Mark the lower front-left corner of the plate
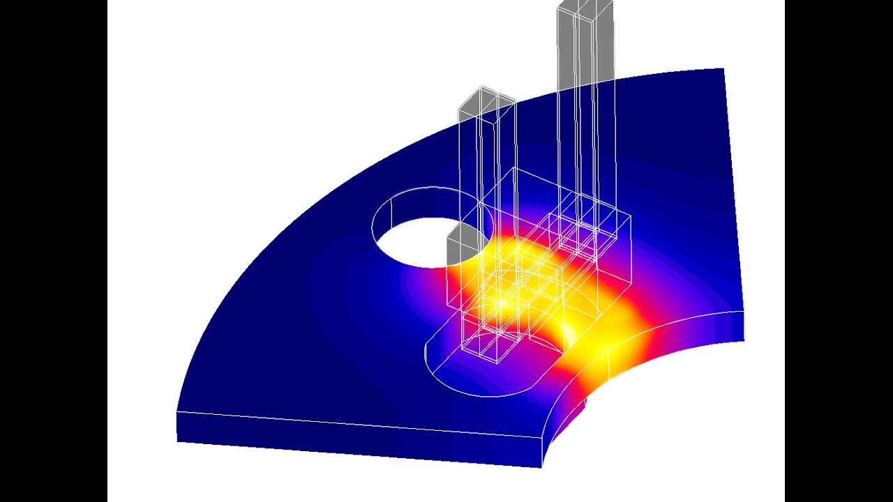click(x=178, y=441)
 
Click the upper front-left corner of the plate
click(x=177, y=412)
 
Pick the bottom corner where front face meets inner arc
click(x=542, y=466)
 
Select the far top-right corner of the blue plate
click(x=723, y=69)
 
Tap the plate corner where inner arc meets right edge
click(x=743, y=311)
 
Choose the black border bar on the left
click(x=53, y=251)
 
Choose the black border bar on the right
click(x=839, y=251)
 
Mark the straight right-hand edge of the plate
click(x=733, y=188)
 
